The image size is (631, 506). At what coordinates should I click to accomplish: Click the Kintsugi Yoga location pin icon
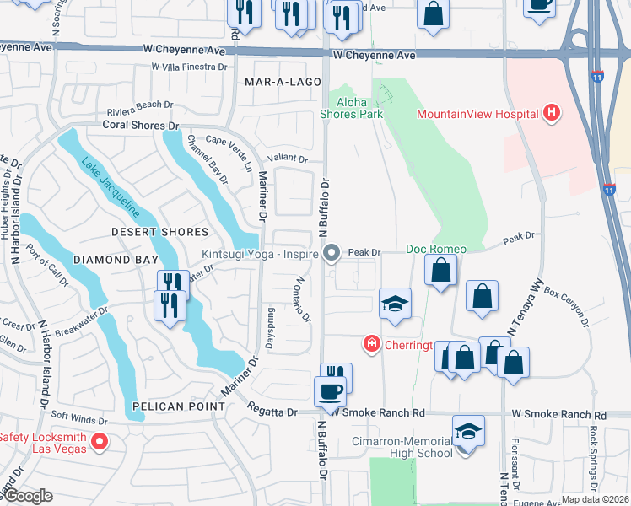click(332, 252)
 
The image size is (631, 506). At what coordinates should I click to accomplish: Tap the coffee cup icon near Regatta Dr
click(330, 391)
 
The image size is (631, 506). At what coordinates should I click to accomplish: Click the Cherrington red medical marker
click(370, 343)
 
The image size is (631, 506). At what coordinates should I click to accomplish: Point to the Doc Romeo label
click(436, 249)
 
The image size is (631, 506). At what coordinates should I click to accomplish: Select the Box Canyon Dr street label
click(565, 304)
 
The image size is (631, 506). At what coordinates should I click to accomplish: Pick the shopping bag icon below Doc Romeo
click(440, 271)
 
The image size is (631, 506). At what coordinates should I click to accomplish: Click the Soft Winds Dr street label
click(79, 420)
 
